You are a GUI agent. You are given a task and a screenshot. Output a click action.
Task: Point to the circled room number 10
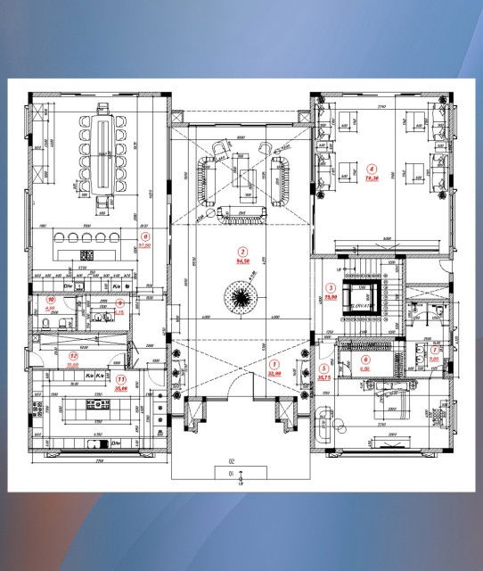[52, 300]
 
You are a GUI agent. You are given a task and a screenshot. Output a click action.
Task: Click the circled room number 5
[324, 368]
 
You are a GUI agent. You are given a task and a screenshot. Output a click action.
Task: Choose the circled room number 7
[434, 350]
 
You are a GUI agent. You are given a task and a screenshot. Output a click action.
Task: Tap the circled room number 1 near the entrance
[274, 364]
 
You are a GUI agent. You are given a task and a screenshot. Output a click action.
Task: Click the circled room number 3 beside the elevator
[331, 287]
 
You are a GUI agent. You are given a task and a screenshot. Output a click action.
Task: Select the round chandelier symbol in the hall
[241, 294]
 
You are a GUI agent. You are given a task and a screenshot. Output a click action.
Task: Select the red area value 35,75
[324, 378]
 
